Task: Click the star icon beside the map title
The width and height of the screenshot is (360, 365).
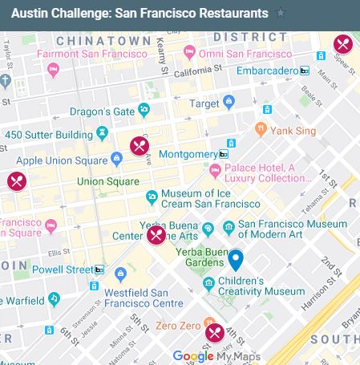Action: tap(280, 14)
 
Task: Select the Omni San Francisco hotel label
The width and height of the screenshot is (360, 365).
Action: tap(245, 54)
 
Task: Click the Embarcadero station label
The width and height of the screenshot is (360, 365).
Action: tap(268, 71)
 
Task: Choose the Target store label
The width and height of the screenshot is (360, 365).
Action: tap(204, 103)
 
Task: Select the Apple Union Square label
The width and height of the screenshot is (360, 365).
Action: tap(63, 160)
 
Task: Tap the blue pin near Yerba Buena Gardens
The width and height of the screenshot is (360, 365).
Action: tap(235, 259)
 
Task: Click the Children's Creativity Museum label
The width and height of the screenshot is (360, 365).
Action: tap(253, 286)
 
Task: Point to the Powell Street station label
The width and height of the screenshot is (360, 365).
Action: tap(63, 270)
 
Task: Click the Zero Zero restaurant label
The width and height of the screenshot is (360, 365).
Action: tap(178, 326)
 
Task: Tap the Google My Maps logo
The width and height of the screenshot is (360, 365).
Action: tap(216, 356)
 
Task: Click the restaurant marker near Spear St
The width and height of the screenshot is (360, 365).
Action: tap(343, 44)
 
